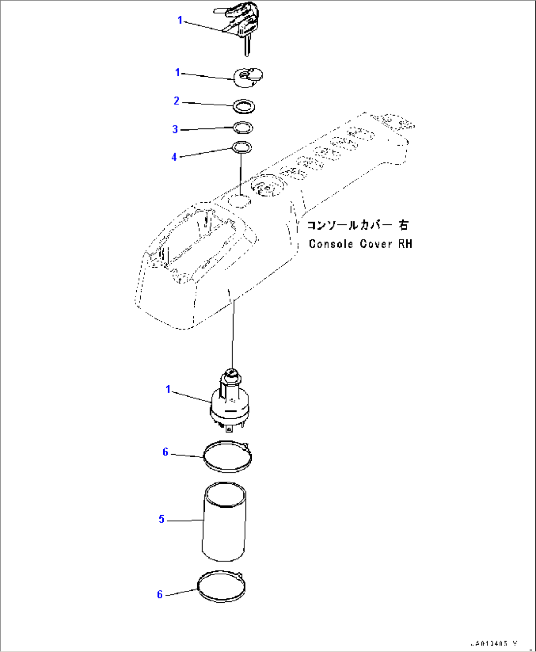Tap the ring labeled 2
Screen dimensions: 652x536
pyautogui.click(x=244, y=106)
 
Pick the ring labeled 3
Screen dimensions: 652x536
pyautogui.click(x=243, y=128)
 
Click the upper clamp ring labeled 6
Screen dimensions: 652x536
pyautogui.click(x=228, y=456)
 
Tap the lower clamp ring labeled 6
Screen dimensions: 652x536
pyautogui.click(x=221, y=586)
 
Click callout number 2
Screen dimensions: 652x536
pyautogui.click(x=177, y=101)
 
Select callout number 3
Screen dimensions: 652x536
pyautogui.click(x=175, y=129)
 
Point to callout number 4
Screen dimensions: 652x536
pyautogui.click(x=174, y=157)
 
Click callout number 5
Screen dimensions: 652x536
pyautogui.click(x=161, y=519)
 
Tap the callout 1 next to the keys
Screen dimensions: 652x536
pyautogui.click(x=180, y=20)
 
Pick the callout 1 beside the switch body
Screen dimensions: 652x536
pyautogui.click(x=168, y=389)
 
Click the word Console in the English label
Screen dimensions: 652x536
pyautogui.click(x=330, y=244)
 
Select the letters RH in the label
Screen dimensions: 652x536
pyautogui.click(x=405, y=244)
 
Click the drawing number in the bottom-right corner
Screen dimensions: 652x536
pyautogui.click(x=493, y=643)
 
